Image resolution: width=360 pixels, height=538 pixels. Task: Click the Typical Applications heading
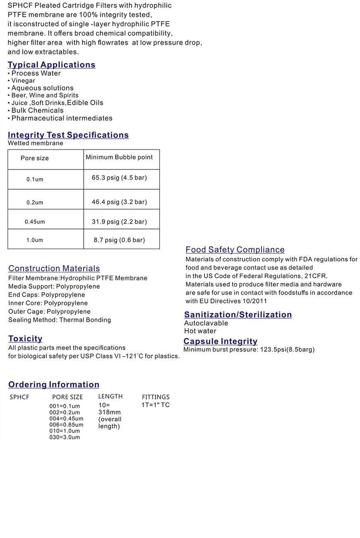51,65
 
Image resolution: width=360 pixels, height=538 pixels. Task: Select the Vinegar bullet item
23,81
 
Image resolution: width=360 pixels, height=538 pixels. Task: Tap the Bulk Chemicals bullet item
37,110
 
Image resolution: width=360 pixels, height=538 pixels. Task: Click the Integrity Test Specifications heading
68,135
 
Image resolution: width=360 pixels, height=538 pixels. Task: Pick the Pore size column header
35,158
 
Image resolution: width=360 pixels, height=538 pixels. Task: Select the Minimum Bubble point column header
119,157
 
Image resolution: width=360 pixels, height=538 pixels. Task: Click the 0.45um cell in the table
35,222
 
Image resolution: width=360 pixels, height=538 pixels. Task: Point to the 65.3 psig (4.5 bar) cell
119,178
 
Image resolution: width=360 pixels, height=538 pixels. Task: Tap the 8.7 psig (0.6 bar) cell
119,240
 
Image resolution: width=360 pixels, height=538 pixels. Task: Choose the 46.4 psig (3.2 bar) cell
119,202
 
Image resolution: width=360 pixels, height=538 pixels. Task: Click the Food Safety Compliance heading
235,250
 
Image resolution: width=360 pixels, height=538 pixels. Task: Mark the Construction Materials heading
54,269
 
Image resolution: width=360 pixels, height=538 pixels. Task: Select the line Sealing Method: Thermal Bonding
60,320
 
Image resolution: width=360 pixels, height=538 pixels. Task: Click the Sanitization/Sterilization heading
238,315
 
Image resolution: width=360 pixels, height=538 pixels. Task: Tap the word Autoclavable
206,323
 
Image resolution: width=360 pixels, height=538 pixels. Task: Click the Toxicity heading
25,339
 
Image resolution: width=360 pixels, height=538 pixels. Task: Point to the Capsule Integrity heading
221,341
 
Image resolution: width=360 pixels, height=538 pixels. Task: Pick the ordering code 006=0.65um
66,425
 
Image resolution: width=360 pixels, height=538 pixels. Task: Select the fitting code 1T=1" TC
156,405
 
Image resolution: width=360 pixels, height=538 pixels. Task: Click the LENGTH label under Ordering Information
110,396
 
